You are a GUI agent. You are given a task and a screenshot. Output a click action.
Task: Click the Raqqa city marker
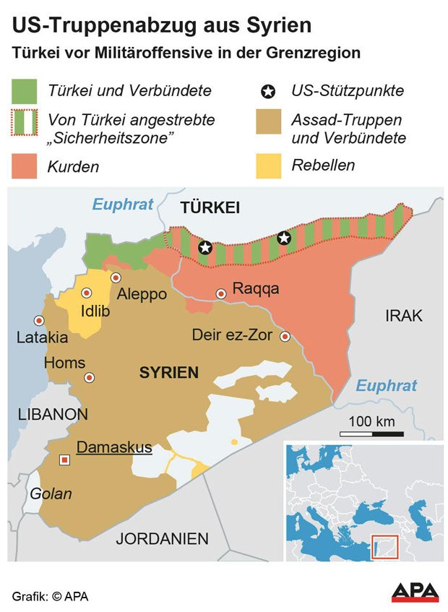[x=221, y=293]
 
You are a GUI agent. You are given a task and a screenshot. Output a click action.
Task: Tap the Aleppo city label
[x=142, y=294]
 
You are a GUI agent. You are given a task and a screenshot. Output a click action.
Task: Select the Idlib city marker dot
[x=87, y=293]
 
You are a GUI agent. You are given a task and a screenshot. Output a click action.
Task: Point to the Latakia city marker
[x=38, y=320]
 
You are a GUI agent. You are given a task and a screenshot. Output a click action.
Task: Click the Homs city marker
[x=89, y=377]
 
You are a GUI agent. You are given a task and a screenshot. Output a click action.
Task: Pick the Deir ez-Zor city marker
[x=285, y=336]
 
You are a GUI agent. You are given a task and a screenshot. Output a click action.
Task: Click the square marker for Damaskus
[x=65, y=460]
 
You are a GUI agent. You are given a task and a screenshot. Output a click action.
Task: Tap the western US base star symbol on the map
[x=205, y=248]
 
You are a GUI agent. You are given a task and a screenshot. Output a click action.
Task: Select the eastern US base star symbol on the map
[x=284, y=238]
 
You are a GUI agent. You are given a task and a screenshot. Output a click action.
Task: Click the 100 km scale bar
[x=371, y=434]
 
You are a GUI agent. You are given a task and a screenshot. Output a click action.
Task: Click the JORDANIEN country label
[x=162, y=538]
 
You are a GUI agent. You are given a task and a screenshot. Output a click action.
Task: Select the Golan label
[x=51, y=494]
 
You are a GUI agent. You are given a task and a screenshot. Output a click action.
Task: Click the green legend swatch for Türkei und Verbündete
[x=25, y=92]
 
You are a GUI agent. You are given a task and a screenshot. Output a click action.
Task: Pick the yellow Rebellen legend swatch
[x=269, y=165]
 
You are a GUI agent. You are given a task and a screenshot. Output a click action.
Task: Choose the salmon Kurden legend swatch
[x=25, y=166]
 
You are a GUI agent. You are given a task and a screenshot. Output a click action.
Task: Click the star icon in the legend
[x=269, y=92]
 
